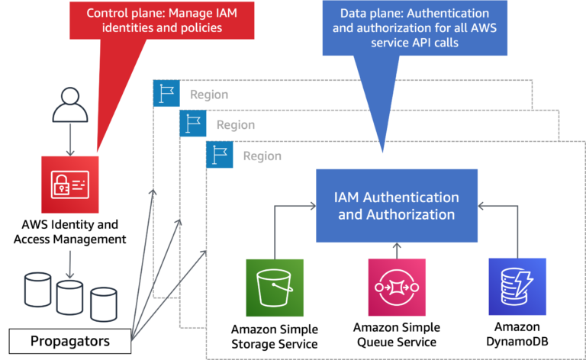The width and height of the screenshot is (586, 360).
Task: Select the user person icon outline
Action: (69, 108)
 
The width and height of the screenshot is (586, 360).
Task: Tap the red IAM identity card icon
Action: (69, 180)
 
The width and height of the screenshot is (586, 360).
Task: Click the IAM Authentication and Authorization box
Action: (397, 205)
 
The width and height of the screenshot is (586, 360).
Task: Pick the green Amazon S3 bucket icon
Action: (275, 288)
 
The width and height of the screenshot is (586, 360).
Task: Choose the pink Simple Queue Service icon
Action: (396, 287)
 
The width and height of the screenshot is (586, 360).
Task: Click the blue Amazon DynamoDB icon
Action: (517, 287)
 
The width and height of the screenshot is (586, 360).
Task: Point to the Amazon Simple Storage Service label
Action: (275, 336)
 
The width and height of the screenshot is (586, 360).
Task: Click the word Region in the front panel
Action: (262, 156)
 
